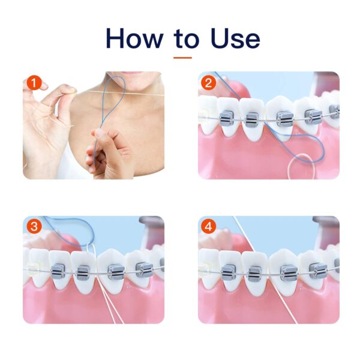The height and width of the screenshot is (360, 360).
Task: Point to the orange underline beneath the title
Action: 182,58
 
